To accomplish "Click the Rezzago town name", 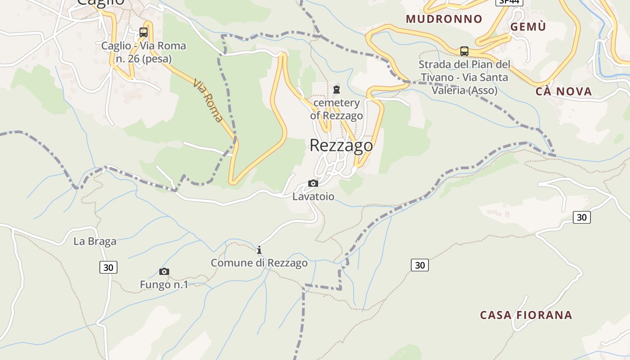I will pyautogui.click(x=341, y=145).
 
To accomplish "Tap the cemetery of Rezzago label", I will pyautogui.click(x=337, y=109).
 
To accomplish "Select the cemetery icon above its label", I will pyautogui.click(x=337, y=90).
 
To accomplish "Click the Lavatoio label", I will pyautogui.click(x=313, y=197).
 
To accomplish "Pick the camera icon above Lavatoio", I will pyautogui.click(x=313, y=183).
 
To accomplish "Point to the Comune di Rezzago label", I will pyautogui.click(x=259, y=263).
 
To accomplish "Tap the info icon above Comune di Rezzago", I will pyautogui.click(x=259, y=250).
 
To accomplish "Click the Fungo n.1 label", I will pyautogui.click(x=164, y=285).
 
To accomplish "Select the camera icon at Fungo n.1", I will pyautogui.click(x=164, y=271).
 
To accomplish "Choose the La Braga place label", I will pyautogui.click(x=95, y=241).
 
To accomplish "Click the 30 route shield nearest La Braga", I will pyautogui.click(x=108, y=267).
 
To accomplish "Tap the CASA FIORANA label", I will pyautogui.click(x=526, y=315).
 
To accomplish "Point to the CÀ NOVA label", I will pyautogui.click(x=564, y=92).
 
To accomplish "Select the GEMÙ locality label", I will pyautogui.click(x=528, y=27).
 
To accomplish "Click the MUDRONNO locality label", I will pyautogui.click(x=444, y=19).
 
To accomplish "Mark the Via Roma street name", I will pyautogui.click(x=208, y=101).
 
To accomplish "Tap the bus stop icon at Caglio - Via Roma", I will pyautogui.click(x=144, y=32).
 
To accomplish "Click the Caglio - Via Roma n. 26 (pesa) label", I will pyautogui.click(x=144, y=52).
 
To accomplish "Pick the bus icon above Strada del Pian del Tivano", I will pyautogui.click(x=464, y=51).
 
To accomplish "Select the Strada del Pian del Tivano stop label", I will pyautogui.click(x=464, y=77).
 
